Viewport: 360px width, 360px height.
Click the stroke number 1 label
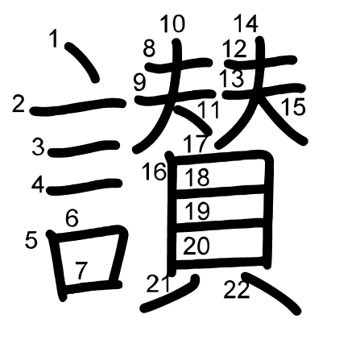coord(54,39)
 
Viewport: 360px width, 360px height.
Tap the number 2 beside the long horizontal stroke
coord(19,105)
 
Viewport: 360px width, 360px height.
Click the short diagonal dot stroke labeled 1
coord(83,61)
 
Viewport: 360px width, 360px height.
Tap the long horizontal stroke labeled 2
coord(78,106)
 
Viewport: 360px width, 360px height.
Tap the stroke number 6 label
coord(72,217)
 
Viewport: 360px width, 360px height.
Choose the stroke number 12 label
coord(234,48)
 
